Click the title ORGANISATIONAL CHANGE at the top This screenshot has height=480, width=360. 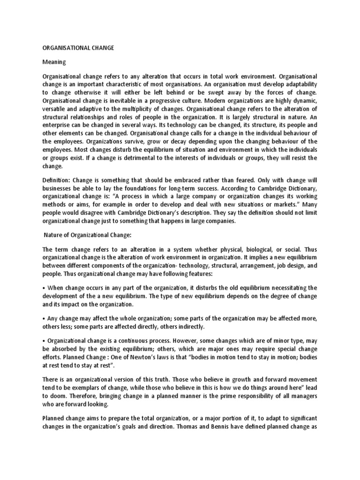tap(79, 48)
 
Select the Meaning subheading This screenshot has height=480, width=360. tap(55, 62)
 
